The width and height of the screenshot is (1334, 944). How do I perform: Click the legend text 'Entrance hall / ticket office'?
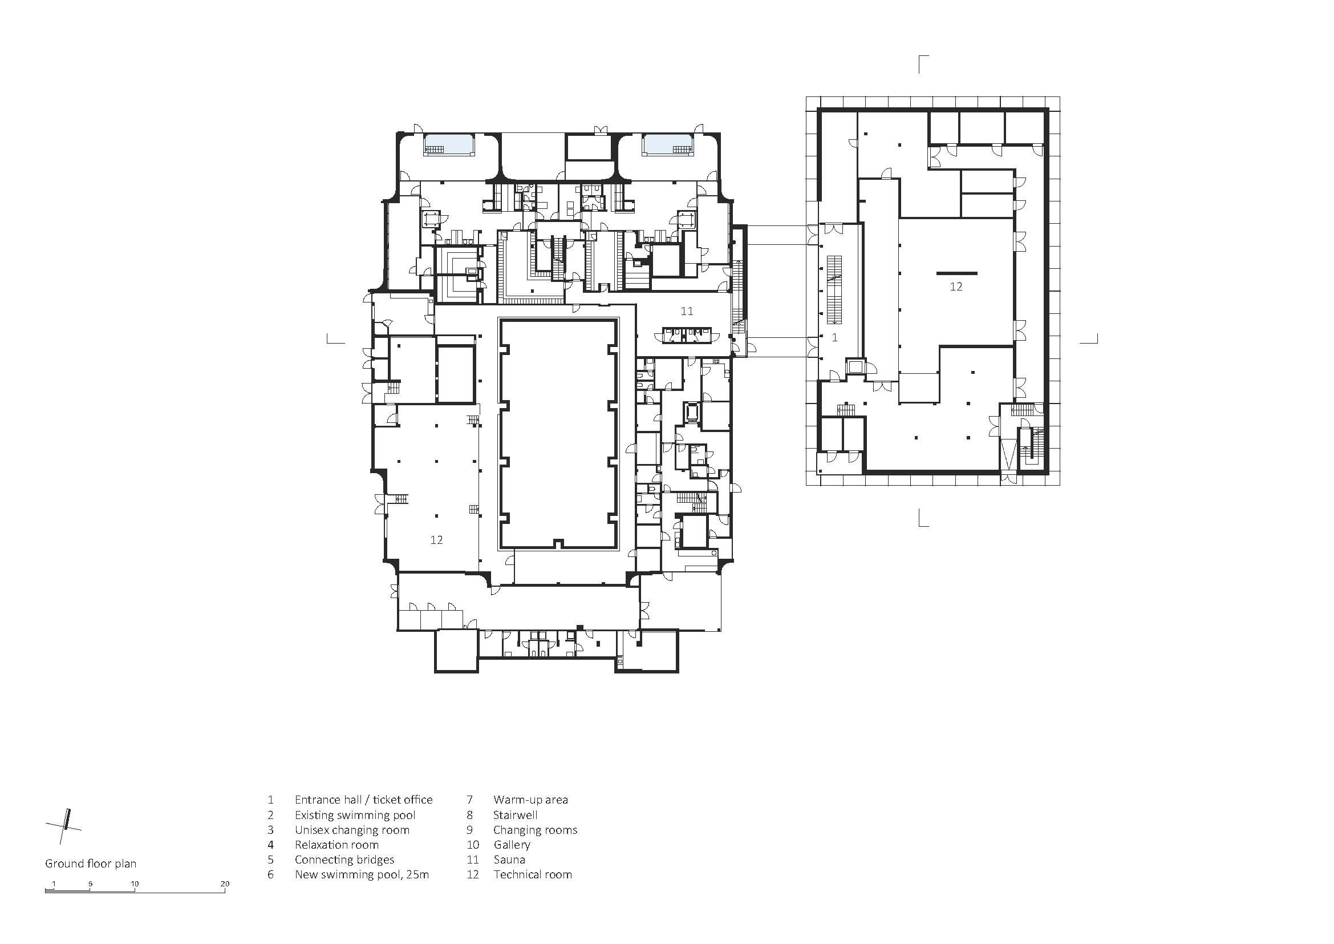(363, 800)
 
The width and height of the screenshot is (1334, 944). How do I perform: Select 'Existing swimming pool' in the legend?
(355, 815)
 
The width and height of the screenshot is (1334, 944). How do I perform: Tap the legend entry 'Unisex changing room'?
(352, 830)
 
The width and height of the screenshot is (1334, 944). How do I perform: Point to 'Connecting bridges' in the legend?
(344, 860)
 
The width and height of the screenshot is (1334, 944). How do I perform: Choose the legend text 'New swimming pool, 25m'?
(362, 874)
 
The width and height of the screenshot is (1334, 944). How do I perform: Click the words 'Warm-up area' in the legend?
(531, 800)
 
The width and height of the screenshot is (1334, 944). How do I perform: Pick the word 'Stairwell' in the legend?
(516, 815)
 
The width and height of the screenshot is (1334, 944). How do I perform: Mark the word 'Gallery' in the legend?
(512, 845)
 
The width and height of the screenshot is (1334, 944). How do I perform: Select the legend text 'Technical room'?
(533, 874)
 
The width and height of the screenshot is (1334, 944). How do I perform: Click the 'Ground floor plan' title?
(91, 864)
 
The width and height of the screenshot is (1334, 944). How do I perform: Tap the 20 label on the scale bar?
(225, 884)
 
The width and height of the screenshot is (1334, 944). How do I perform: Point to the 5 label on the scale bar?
(90, 884)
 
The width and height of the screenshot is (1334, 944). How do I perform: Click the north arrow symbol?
(64, 826)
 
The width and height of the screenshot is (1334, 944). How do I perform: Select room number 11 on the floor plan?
(687, 311)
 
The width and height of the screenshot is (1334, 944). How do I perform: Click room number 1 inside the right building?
(835, 337)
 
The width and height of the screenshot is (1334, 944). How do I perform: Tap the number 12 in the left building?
(436, 540)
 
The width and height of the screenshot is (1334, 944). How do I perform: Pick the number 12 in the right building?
(956, 287)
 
